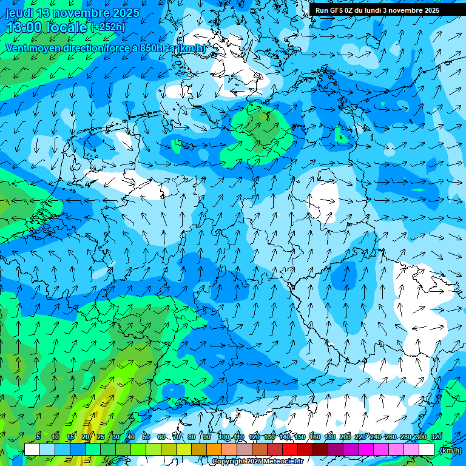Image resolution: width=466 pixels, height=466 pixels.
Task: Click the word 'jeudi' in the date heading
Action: click(x=19, y=13)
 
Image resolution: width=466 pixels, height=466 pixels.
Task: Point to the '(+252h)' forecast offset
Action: click(x=109, y=27)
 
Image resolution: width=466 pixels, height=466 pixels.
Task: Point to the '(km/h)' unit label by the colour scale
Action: click(x=450, y=450)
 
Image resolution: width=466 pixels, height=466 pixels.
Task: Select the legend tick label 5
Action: click(x=38, y=437)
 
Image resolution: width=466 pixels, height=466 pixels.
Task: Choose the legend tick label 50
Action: click(x=146, y=437)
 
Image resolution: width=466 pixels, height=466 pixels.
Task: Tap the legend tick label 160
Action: click(x=314, y=437)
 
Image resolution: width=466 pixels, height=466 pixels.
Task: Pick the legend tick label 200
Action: click(x=345, y=437)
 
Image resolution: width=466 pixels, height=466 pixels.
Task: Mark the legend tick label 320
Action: click(x=436, y=437)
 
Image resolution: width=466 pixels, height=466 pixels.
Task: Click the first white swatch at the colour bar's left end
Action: click(x=32, y=450)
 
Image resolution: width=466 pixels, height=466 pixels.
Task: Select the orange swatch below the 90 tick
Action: click(x=214, y=450)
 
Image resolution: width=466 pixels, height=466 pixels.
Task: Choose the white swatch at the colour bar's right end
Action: click(x=427, y=450)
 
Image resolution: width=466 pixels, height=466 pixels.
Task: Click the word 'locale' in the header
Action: click(x=69, y=28)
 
